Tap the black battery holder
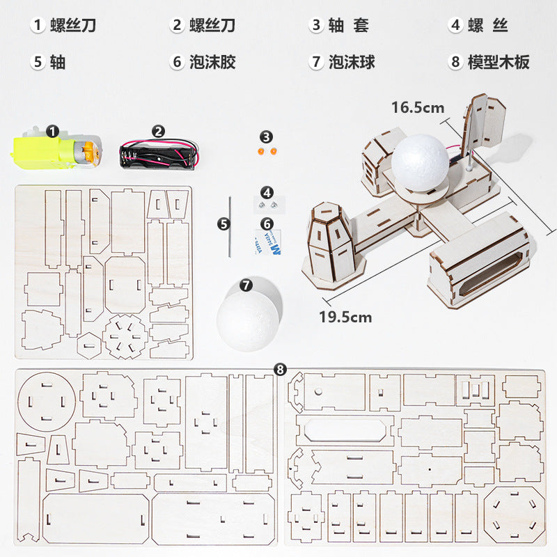point(156,155)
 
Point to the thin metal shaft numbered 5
point(229,223)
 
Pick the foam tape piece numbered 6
point(267,244)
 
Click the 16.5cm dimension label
point(417,107)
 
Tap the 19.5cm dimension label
point(345,317)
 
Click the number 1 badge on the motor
point(53,130)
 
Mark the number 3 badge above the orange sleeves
point(267,136)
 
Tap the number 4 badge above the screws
point(267,191)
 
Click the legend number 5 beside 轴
point(38,62)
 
